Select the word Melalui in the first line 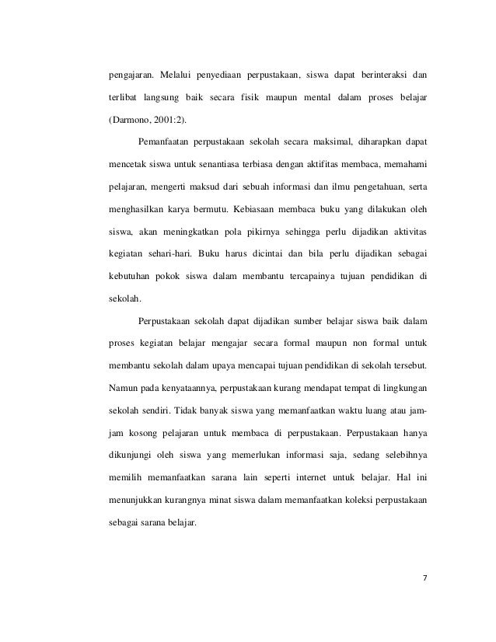point(179,77)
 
